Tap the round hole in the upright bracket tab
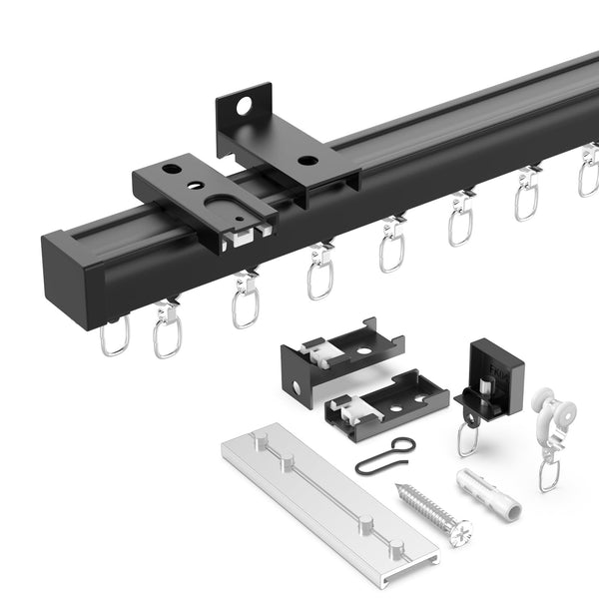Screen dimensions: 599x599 (x=243, y=104)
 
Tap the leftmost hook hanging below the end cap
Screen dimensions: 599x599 (x=114, y=336)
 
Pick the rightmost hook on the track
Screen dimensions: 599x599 (x=589, y=175)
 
